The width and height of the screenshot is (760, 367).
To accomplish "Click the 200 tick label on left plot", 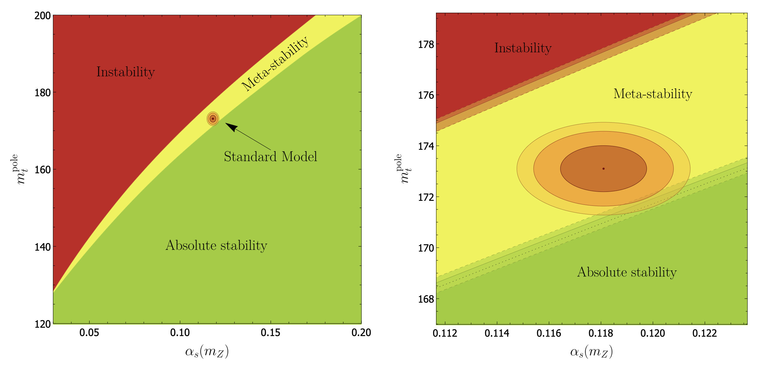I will (42, 15).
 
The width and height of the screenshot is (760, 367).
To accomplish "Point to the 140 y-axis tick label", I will (42, 247).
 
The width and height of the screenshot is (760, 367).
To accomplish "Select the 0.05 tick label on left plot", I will (89, 333).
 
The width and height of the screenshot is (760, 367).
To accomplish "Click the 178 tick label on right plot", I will (426, 45).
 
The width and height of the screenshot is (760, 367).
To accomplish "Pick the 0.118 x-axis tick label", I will (600, 333).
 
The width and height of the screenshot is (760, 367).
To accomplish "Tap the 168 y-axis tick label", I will (426, 299).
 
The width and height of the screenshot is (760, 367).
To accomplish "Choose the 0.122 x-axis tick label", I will (704, 333).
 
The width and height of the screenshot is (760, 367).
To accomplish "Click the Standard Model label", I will (270, 157).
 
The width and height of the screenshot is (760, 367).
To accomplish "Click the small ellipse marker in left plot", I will (213, 119).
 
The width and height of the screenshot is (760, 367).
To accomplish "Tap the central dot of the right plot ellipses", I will (603, 169).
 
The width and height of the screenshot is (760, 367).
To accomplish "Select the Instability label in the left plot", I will (126, 72).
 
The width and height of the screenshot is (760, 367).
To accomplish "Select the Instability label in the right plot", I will (523, 48).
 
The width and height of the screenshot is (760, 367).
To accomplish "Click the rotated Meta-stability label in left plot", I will (275, 64).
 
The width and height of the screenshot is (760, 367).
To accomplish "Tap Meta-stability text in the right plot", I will (652, 94).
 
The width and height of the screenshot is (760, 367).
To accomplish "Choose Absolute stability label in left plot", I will (216, 245).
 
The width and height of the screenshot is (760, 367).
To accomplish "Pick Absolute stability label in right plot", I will (627, 272).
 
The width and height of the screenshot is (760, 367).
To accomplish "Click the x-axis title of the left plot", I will (207, 352).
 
